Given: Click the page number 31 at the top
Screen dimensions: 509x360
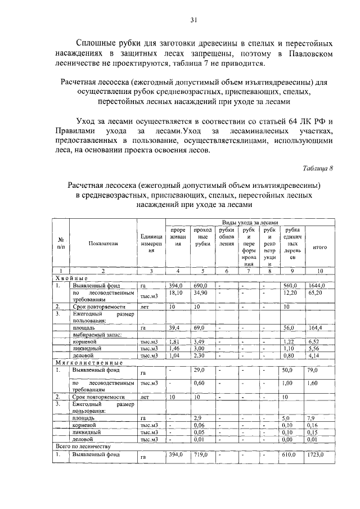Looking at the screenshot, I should pyautogui.click(x=193, y=21).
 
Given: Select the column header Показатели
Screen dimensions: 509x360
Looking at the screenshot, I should pyautogui.click(x=103, y=244).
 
